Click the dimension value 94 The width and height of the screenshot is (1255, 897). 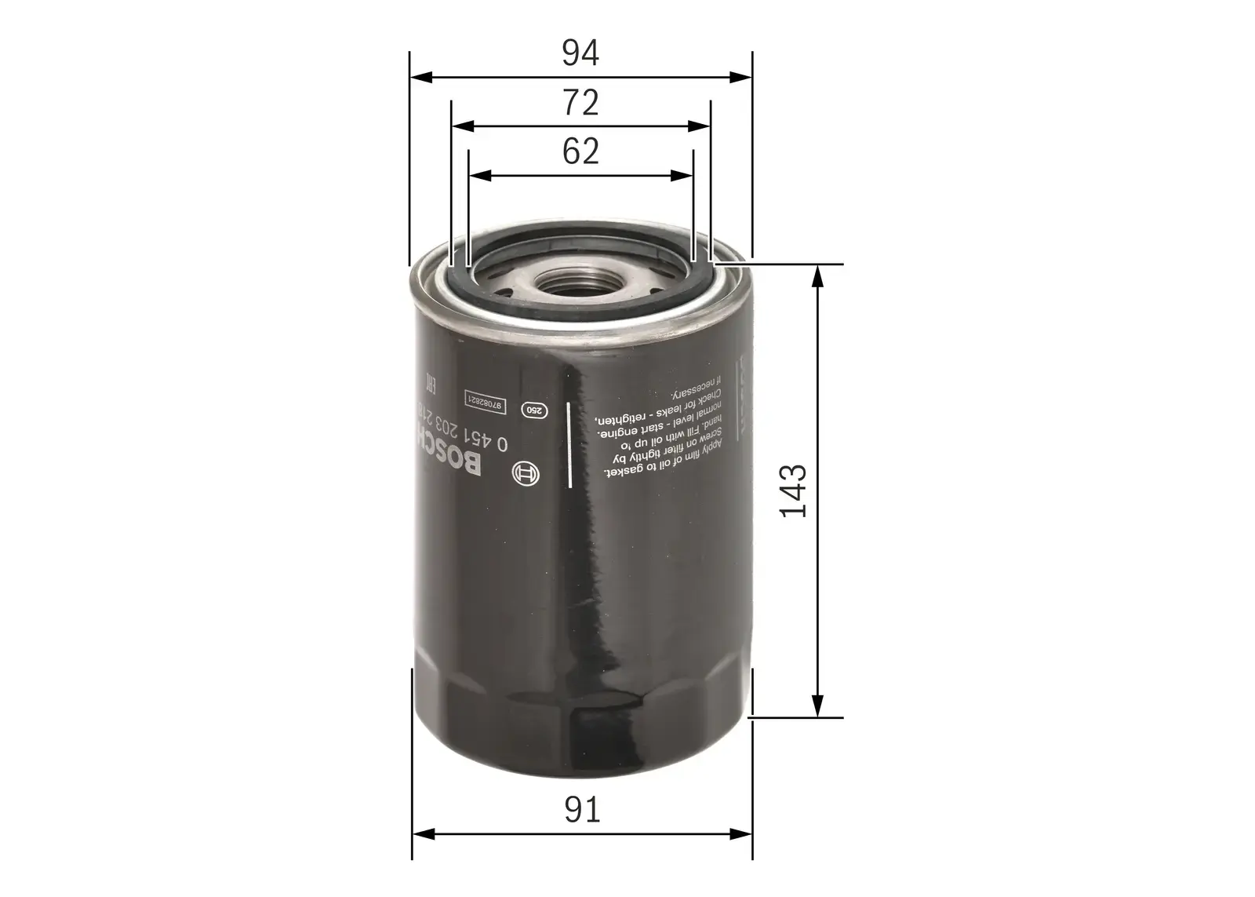pyautogui.click(x=580, y=53)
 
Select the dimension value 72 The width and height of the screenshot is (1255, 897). pyautogui.click(x=580, y=103)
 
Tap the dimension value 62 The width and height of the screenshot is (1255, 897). pyautogui.click(x=580, y=151)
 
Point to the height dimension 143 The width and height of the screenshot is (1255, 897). pyautogui.click(x=793, y=490)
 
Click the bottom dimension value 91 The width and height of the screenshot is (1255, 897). pyautogui.click(x=581, y=810)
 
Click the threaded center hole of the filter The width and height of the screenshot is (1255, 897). pyautogui.click(x=581, y=283)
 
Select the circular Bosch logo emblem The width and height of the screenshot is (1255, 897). pyautogui.click(x=525, y=474)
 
